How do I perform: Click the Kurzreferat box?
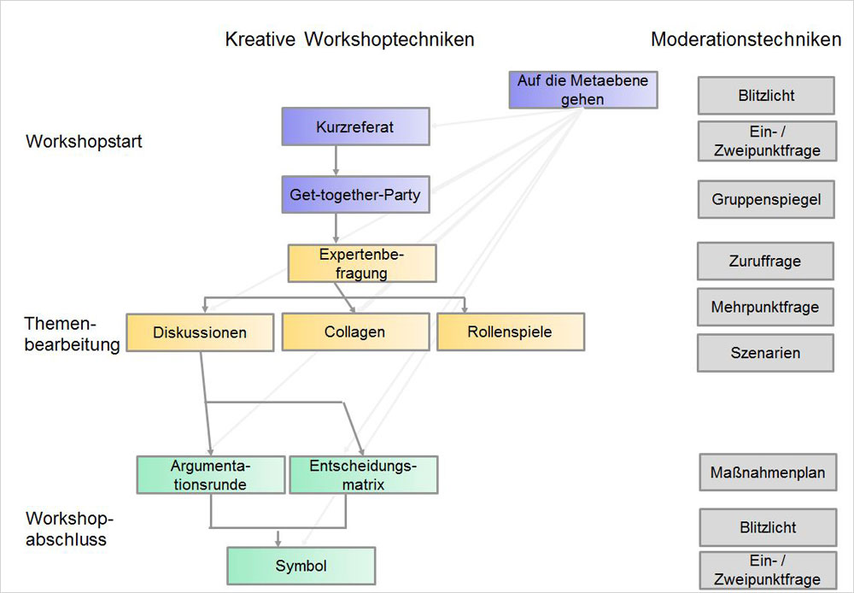[355, 126]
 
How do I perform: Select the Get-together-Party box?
[355, 195]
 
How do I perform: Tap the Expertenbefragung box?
[362, 263]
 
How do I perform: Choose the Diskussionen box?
[200, 332]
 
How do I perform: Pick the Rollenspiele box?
[511, 332]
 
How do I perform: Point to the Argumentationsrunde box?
[210, 475]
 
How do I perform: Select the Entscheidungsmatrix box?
[363, 475]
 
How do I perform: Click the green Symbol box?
[301, 566]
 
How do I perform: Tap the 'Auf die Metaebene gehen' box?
[583, 90]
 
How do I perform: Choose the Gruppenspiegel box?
[766, 200]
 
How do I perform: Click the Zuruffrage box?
[765, 261]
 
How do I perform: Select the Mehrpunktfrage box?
[765, 307]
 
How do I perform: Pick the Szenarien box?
[765, 353]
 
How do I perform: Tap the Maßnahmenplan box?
[767, 473]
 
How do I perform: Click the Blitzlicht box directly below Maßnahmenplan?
[767, 527]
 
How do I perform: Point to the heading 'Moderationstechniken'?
[746, 39]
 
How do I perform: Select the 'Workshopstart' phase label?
[84, 142]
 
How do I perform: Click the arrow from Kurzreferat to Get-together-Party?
[336, 161]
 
